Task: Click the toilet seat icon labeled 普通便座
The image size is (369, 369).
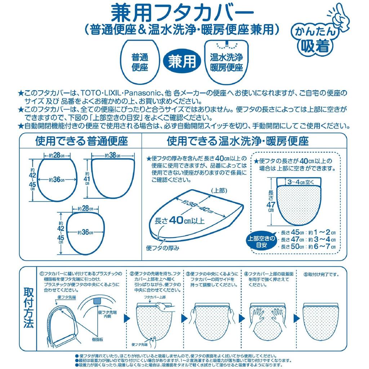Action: tap(140, 62)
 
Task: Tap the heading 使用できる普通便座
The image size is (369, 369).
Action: tap(81, 141)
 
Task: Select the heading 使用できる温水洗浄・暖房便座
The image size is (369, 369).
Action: tap(238, 141)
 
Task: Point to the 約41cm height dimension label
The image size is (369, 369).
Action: tap(87, 177)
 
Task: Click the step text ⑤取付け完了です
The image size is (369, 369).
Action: tap(321, 275)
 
